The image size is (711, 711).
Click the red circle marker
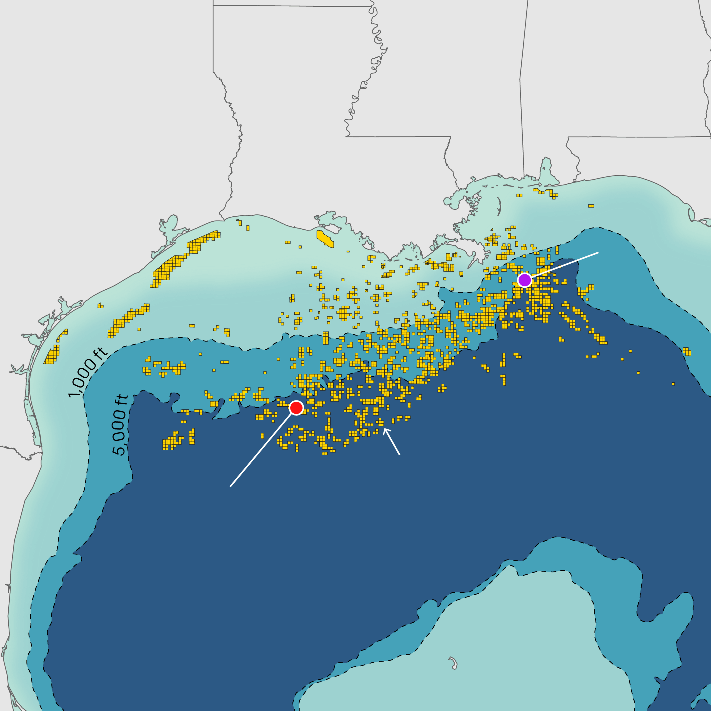tap(296, 408)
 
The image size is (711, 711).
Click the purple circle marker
tap(524, 280)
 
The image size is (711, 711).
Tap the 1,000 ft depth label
tap(87, 372)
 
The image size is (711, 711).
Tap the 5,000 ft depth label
tap(120, 425)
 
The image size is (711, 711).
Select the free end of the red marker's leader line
tap(230, 487)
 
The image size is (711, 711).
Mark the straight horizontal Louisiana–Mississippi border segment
tap(397, 137)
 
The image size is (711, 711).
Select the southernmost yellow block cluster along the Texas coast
tap(52, 355)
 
